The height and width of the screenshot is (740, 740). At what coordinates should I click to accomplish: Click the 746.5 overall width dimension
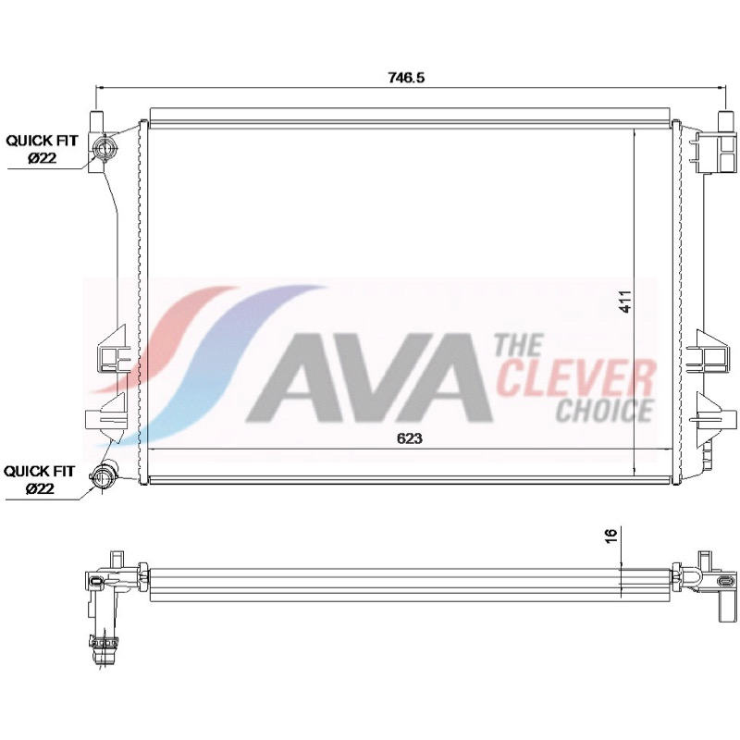(406, 77)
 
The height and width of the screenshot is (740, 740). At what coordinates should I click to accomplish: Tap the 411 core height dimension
(625, 302)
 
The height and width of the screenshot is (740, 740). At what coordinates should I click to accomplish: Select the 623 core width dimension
(409, 438)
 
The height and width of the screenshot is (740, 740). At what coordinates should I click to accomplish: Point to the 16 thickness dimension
(610, 536)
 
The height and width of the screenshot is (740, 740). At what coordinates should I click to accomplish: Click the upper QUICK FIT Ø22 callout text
(42, 149)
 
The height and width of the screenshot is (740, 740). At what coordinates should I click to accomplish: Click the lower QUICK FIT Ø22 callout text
(40, 479)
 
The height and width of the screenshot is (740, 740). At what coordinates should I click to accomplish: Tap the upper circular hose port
(105, 147)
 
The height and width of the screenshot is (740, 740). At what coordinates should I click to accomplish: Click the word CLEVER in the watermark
(576, 377)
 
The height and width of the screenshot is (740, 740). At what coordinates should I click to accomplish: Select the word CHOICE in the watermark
(605, 410)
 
